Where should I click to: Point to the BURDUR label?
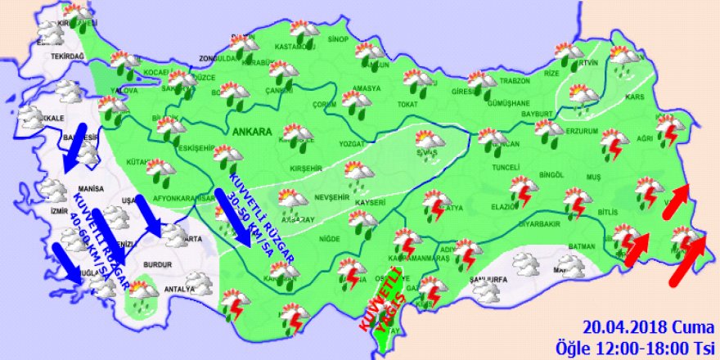(x=156, y=265)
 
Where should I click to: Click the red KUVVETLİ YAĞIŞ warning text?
(x=383, y=299)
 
